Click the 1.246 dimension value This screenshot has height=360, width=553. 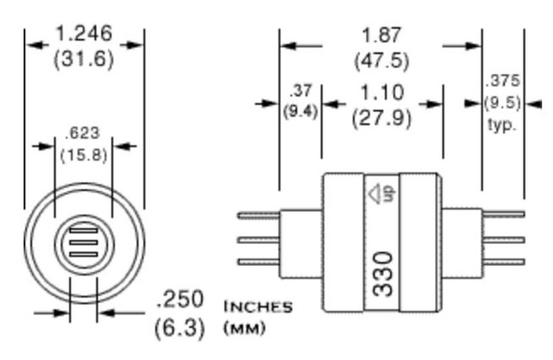click(84, 33)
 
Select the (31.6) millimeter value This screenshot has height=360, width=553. click(84, 58)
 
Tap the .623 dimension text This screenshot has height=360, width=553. click(84, 133)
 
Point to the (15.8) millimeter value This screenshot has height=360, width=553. click(84, 155)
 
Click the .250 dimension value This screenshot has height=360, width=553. click(180, 299)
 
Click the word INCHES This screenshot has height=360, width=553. click(258, 307)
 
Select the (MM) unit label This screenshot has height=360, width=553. click(244, 329)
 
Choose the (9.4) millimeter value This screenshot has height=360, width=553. click(300, 111)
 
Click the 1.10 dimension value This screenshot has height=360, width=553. click(381, 93)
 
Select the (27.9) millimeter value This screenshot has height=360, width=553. click(381, 118)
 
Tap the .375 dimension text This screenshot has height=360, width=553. click(502, 81)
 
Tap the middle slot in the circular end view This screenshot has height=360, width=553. click(84, 242)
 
